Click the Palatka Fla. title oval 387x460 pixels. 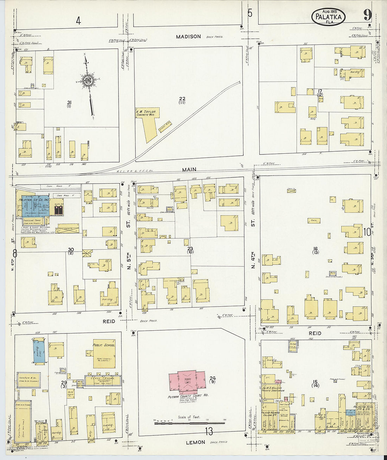coord(328,16)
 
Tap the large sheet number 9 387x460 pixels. coord(368,15)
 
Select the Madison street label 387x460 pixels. coord(189,36)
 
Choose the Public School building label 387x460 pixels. coord(104,345)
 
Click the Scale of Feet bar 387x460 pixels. coord(190,422)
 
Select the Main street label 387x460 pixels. coord(189,170)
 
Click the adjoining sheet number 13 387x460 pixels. coord(209,431)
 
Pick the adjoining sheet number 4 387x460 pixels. coord(78,21)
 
